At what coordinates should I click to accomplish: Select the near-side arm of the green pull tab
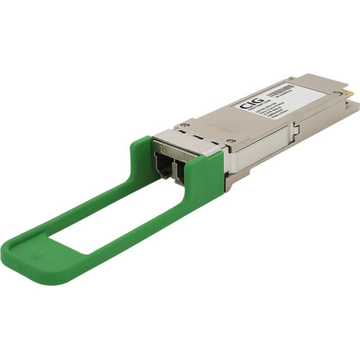(x=144, y=230)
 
